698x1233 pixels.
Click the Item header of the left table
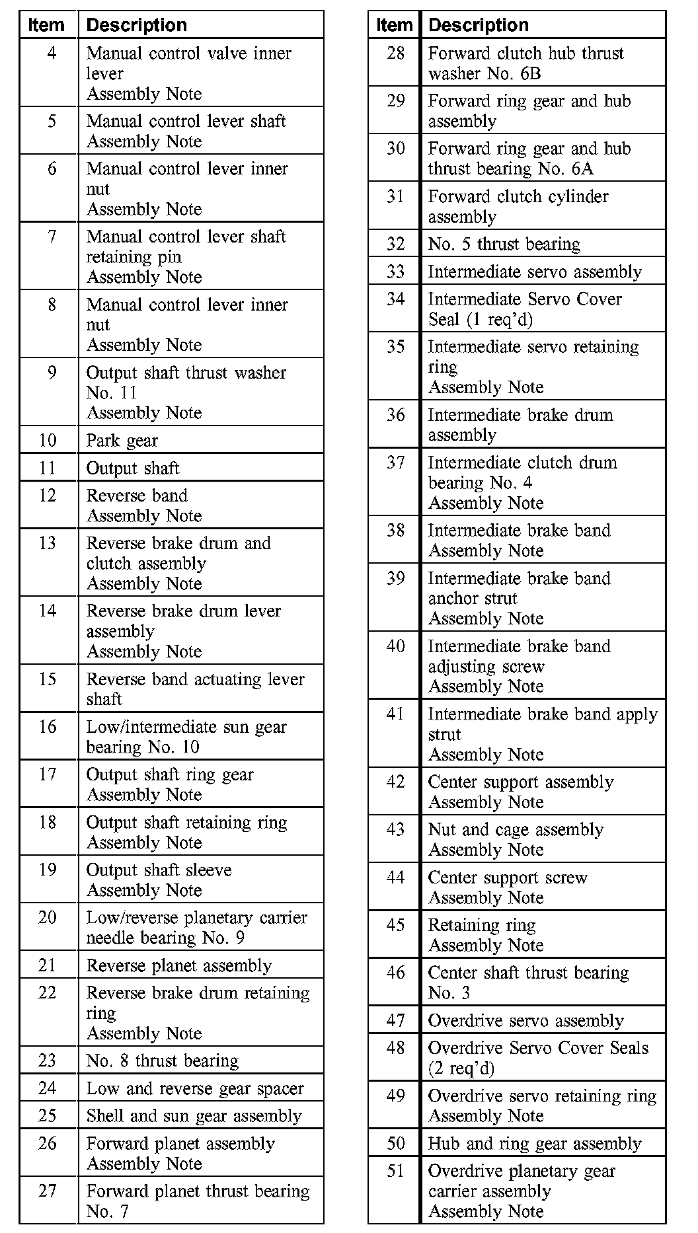pyautogui.click(x=46, y=25)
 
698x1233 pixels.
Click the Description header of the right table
pyautogui.click(x=478, y=25)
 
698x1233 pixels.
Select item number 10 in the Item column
pyautogui.click(x=48, y=440)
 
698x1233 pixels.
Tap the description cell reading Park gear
pyautogui.click(x=122, y=441)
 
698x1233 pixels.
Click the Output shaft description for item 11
pyautogui.click(x=133, y=468)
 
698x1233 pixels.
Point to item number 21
pyautogui.click(x=48, y=965)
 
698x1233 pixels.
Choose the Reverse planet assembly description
pyautogui.click(x=179, y=966)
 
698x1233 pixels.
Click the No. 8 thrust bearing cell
pyautogui.click(x=163, y=1061)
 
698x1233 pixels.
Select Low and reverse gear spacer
pyautogui.click(x=195, y=1088)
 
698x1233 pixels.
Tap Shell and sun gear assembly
pyautogui.click(x=194, y=1116)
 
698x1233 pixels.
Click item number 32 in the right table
pyautogui.click(x=395, y=244)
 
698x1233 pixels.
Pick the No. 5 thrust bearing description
pyautogui.click(x=504, y=244)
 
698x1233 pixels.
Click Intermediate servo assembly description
pyautogui.click(x=535, y=272)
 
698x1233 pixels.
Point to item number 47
pyautogui.click(x=395, y=1020)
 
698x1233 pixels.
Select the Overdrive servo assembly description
pyautogui.click(x=525, y=1021)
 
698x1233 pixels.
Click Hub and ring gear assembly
pyautogui.click(x=534, y=1144)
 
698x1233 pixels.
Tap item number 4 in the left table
pyautogui.click(x=52, y=53)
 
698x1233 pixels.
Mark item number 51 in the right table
pyautogui.click(x=395, y=1171)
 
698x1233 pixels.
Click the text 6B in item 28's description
pyautogui.click(x=530, y=73)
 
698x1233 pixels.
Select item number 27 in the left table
pyautogui.click(x=48, y=1191)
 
